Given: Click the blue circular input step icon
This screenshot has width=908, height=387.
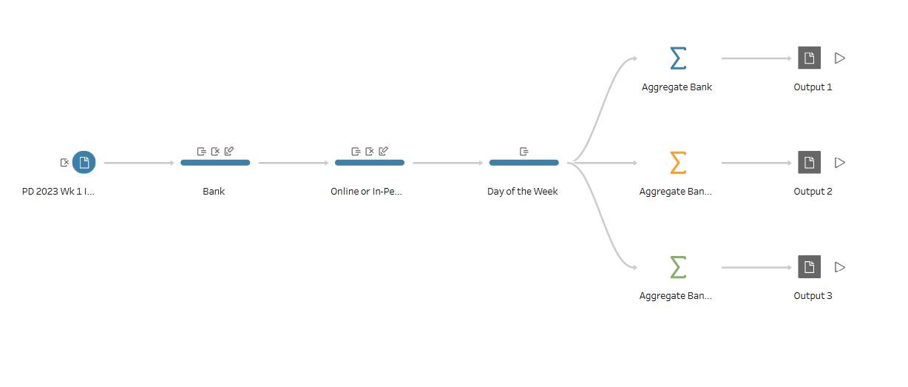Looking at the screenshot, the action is (x=84, y=162).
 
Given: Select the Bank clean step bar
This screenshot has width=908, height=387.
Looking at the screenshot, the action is (x=215, y=163).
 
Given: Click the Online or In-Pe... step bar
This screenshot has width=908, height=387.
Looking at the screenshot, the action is (x=370, y=163).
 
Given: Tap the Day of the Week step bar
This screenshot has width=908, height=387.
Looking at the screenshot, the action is (x=524, y=163).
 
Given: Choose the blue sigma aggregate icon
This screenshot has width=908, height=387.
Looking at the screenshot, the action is (x=678, y=58).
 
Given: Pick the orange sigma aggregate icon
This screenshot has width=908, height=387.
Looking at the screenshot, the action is (x=678, y=163).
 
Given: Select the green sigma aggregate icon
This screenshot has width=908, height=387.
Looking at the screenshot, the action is (x=678, y=267).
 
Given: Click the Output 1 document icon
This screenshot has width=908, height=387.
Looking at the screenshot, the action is (x=810, y=58).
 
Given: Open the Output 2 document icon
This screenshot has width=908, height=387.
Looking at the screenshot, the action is (x=810, y=162).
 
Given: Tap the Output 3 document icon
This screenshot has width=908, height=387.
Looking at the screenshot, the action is (x=810, y=266).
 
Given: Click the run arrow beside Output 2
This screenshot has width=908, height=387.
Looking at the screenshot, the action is (x=840, y=163).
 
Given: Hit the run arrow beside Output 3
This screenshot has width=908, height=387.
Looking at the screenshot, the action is (x=840, y=267).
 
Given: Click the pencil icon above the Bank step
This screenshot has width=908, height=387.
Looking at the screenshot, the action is (x=229, y=151).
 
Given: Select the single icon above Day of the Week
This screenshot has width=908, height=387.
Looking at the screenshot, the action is (x=524, y=151).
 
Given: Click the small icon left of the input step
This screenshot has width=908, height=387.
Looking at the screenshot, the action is (x=64, y=163).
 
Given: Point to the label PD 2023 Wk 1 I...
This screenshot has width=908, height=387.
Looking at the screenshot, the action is (x=58, y=192).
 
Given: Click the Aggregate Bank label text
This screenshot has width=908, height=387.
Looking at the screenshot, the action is (x=677, y=87).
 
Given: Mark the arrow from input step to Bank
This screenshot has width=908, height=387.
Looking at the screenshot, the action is (x=139, y=163).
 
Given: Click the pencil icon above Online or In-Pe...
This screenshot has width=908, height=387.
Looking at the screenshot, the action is (x=384, y=151).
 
